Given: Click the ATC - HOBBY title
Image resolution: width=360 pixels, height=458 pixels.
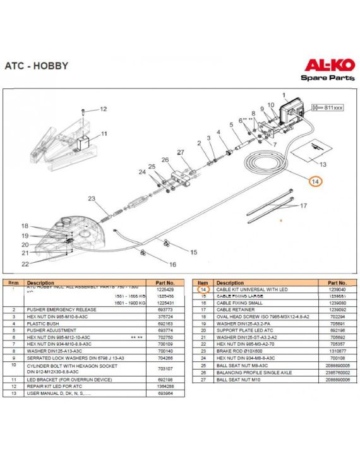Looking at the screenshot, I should (x=36, y=66).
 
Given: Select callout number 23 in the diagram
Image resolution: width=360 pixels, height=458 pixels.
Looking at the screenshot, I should (x=92, y=199).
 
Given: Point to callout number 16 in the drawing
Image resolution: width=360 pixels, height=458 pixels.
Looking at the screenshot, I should (x=172, y=264).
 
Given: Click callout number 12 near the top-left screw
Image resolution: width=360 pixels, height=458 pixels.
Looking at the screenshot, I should (x=103, y=109).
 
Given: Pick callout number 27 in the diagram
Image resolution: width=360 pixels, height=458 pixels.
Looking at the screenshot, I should (x=180, y=152).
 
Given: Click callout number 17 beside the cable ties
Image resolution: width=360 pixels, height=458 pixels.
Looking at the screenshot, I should (x=303, y=205).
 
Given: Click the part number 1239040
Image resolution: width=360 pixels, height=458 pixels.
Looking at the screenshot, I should (x=333, y=289).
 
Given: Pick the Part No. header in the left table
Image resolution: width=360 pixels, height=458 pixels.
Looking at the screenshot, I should (x=160, y=283).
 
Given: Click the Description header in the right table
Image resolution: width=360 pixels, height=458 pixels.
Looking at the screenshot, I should (x=230, y=283).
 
